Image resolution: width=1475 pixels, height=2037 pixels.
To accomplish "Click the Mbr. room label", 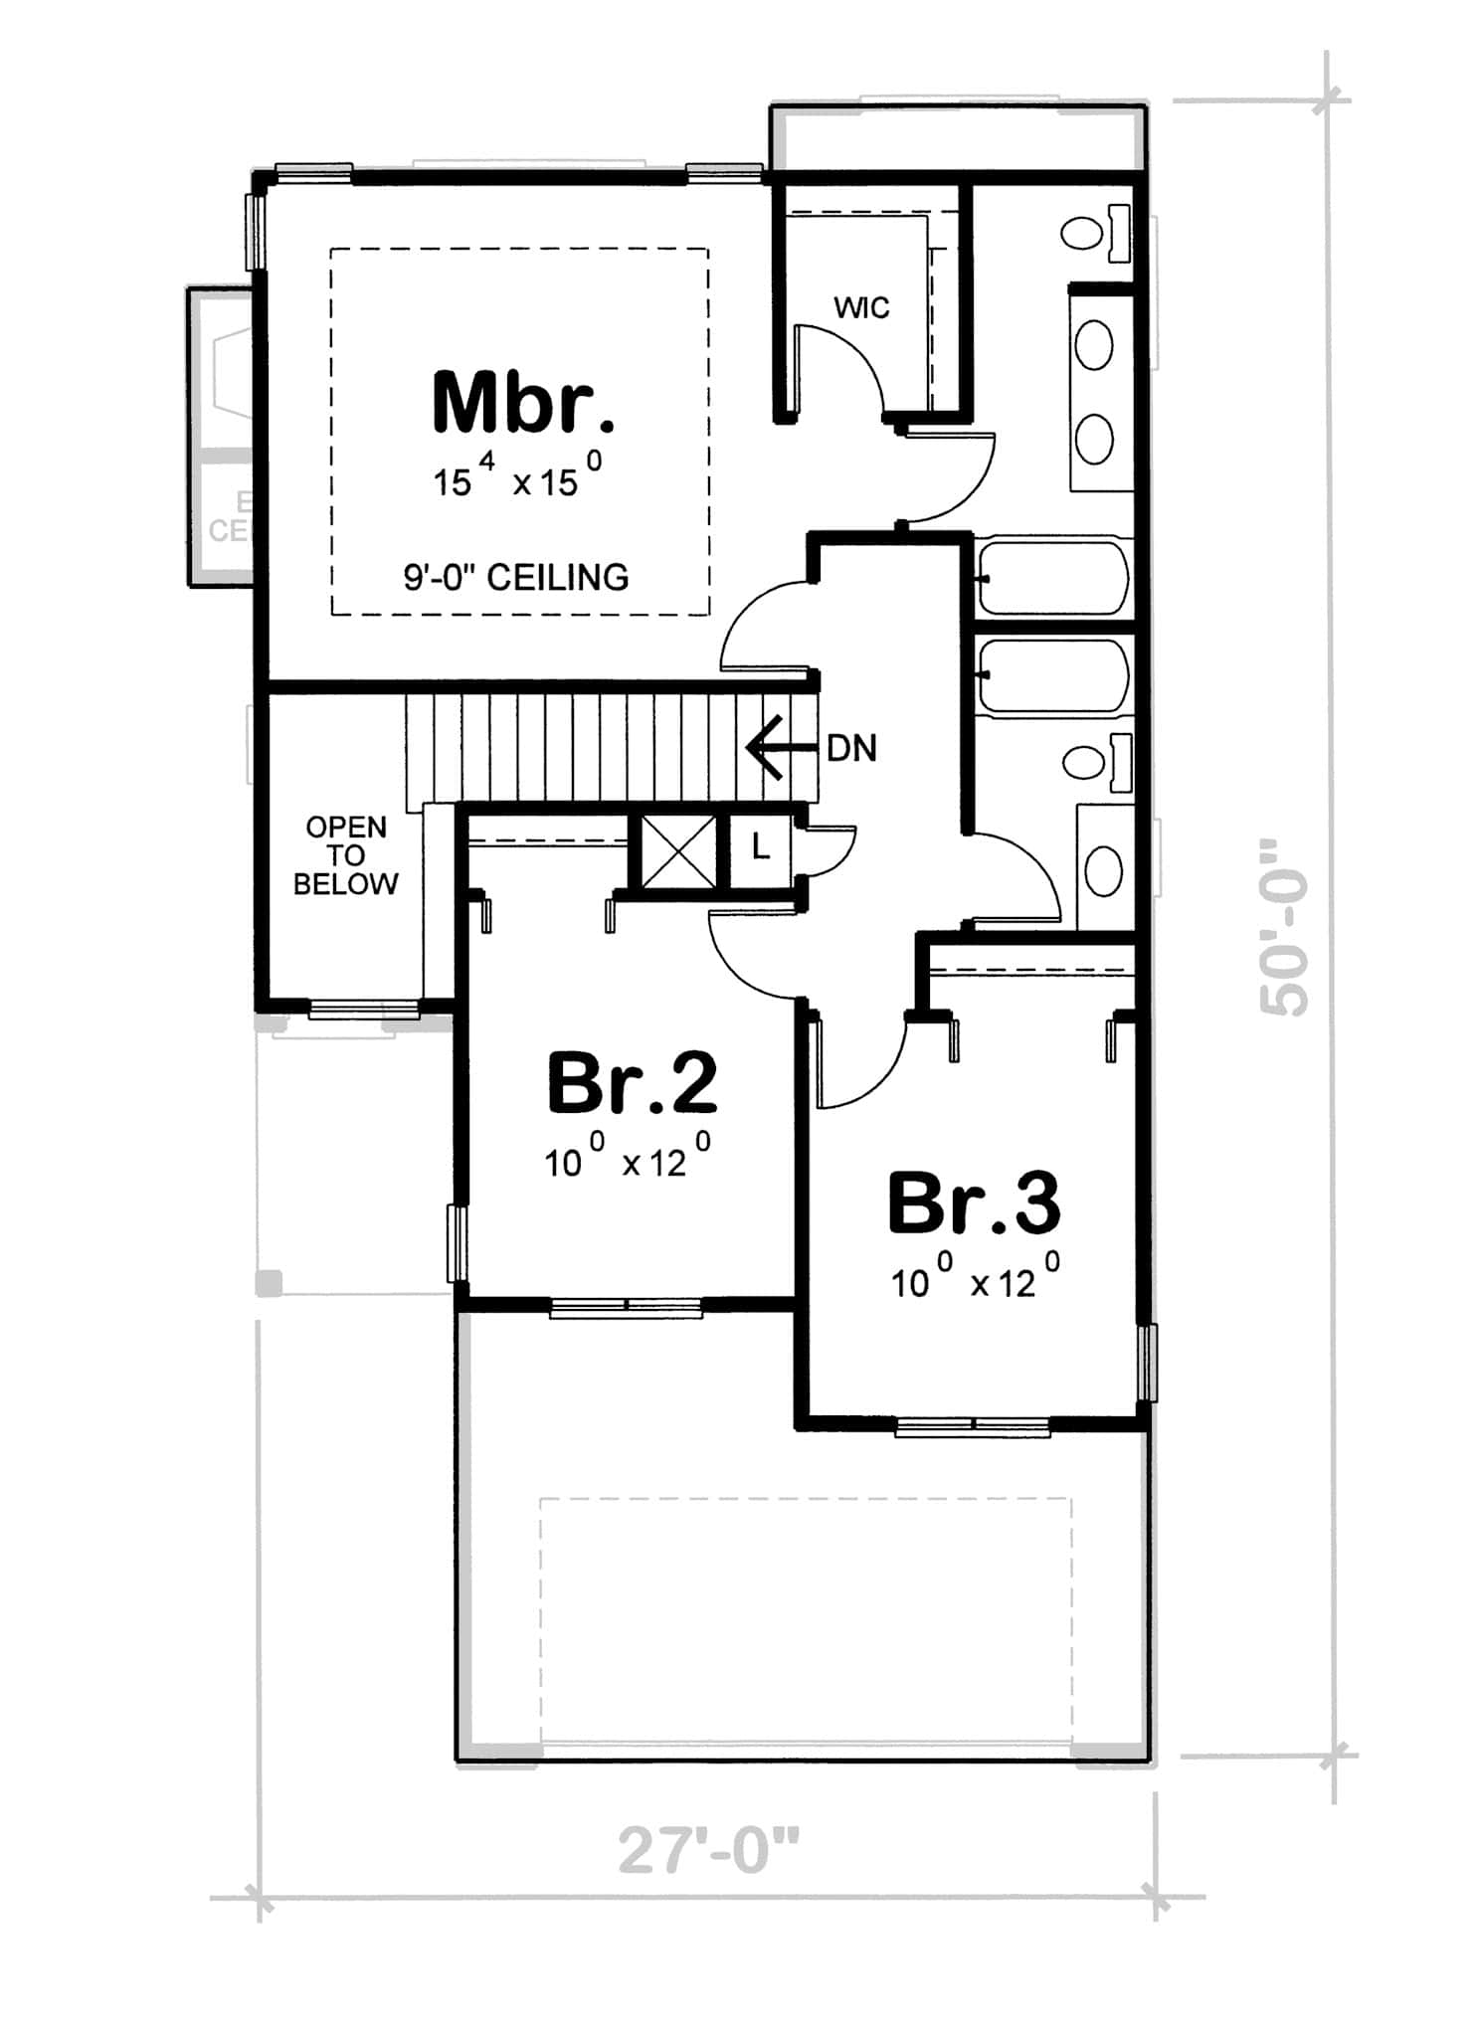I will [524, 403].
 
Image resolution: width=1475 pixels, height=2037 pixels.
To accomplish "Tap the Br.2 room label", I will [633, 1084].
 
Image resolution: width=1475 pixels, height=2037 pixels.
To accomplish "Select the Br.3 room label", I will [974, 1204].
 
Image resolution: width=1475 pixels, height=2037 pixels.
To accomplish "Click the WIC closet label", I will [861, 308].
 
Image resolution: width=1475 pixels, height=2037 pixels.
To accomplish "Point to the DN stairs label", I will [851, 749].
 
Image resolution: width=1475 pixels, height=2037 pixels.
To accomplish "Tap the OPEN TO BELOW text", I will [345, 855].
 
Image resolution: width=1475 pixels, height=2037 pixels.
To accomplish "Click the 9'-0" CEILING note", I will [516, 578].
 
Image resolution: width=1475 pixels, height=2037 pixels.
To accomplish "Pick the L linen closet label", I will [760, 848].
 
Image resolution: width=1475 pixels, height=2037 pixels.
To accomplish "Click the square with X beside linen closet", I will [678, 850].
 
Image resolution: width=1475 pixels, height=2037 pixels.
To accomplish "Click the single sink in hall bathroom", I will [1102, 871].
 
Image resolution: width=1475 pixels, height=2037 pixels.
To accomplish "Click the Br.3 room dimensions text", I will [975, 1281].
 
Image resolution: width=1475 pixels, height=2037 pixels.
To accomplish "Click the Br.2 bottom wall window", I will [627, 1308].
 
